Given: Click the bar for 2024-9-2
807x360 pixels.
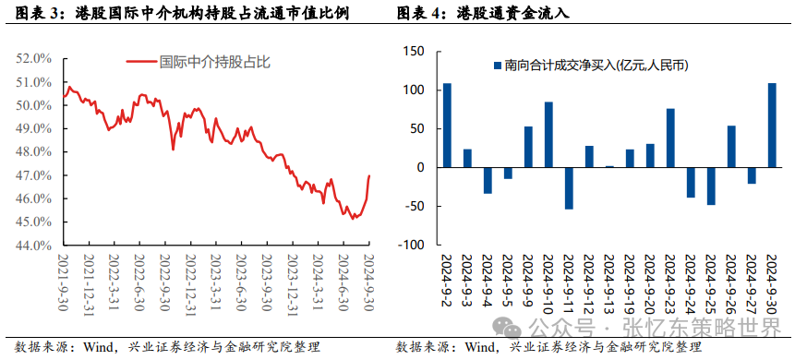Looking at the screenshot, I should (447, 126).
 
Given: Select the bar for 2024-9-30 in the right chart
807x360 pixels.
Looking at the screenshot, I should (771, 126).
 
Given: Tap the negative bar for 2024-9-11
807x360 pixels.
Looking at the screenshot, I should (569, 188).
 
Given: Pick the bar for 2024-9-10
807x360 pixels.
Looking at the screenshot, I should (548, 135).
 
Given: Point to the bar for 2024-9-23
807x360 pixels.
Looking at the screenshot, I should (670, 138).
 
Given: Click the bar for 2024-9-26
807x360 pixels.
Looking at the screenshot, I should (731, 147).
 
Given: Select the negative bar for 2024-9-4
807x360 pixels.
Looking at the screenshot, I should (488, 181).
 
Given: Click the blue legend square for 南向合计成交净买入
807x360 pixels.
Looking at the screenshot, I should (498, 66).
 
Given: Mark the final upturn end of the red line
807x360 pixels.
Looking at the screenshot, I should (369, 175).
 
